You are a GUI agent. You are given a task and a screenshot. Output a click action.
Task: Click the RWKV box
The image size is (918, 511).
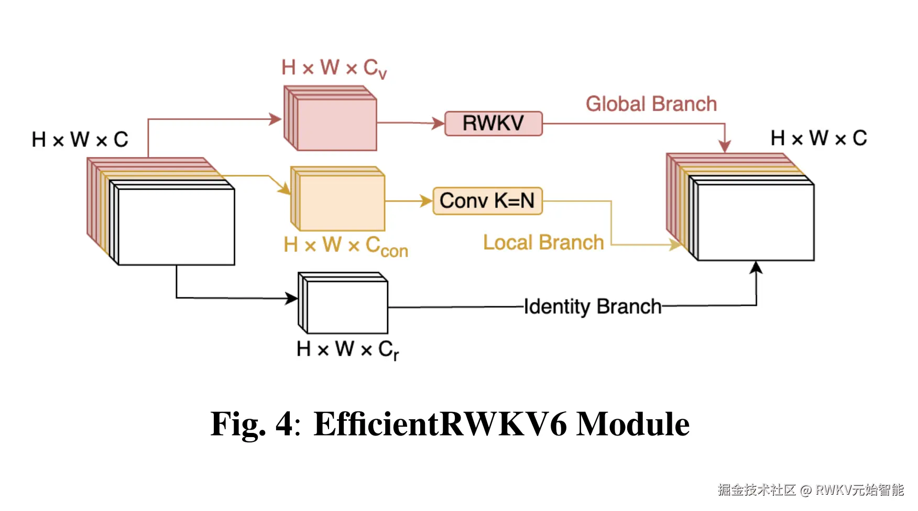click(x=493, y=124)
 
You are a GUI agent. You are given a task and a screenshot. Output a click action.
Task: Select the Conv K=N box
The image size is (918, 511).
click(x=487, y=201)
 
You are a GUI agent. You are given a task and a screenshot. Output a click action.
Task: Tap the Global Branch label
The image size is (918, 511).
click(x=651, y=104)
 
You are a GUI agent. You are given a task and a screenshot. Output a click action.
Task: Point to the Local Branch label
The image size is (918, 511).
click(x=543, y=243)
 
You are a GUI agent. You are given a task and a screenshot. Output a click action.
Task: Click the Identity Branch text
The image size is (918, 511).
click(x=593, y=307)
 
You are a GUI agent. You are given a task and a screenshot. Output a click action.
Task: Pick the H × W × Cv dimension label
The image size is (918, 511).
click(x=334, y=68)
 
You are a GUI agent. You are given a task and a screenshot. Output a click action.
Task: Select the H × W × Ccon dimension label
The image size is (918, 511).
click(x=345, y=246)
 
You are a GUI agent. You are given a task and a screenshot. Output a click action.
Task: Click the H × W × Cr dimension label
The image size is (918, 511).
click(x=347, y=350)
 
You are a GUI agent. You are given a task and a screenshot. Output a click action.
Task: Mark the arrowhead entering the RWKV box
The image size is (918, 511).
click(x=438, y=124)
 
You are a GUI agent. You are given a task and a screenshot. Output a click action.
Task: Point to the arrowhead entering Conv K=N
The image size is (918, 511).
click(x=427, y=201)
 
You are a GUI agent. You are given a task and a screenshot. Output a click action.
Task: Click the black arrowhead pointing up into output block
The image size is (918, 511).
click(x=756, y=268)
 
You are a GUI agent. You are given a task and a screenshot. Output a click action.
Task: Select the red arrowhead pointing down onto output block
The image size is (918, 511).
click(x=725, y=146)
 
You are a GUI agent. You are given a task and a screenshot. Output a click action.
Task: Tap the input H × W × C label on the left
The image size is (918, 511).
click(x=80, y=139)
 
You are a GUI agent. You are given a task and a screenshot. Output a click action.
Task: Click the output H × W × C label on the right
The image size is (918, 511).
click(x=818, y=138)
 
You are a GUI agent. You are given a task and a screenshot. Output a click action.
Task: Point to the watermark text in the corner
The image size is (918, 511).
click(x=811, y=490)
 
